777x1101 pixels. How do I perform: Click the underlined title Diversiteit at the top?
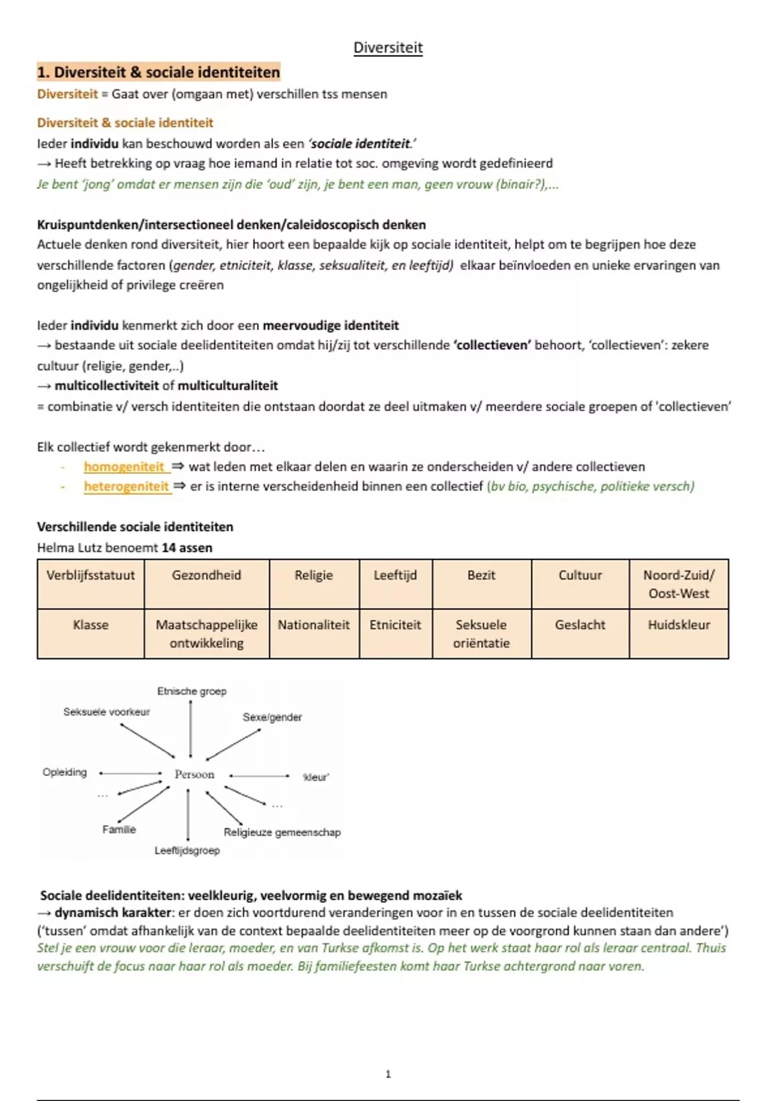(388, 47)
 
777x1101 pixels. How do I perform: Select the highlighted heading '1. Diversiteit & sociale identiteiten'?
(159, 72)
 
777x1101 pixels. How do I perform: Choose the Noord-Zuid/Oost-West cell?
(679, 584)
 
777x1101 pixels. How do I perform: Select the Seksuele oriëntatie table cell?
(481, 633)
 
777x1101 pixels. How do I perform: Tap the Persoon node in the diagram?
(194, 774)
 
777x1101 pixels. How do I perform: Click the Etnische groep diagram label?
(192, 691)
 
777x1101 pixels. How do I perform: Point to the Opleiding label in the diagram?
(65, 772)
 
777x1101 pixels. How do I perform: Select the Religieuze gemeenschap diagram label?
(282, 832)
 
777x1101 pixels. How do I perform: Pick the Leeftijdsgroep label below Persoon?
(187, 850)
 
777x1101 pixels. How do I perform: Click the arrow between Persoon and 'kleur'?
(260, 775)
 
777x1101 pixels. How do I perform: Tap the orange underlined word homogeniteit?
(124, 466)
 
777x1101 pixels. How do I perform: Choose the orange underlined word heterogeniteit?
(126, 486)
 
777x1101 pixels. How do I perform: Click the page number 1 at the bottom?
(388, 1074)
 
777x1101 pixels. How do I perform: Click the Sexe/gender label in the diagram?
(272, 717)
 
